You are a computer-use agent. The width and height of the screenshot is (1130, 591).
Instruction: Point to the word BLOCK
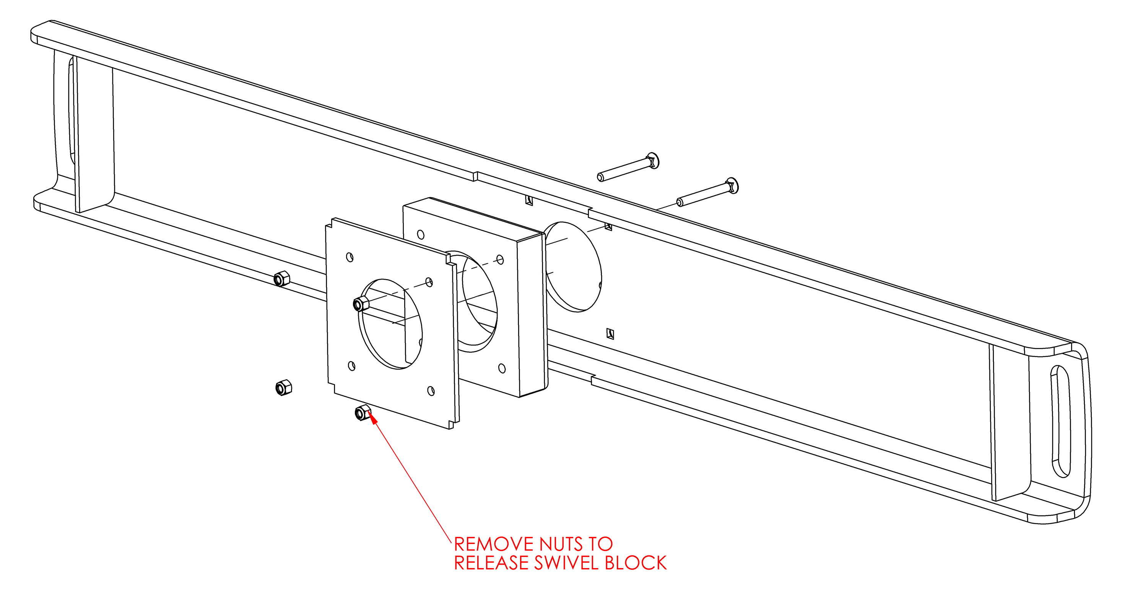(636, 563)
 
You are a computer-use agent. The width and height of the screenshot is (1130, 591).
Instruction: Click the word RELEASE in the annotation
(491, 563)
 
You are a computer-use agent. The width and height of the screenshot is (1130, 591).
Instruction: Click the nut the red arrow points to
(363, 412)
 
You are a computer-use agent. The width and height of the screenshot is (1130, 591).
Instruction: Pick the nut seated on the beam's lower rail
(281, 278)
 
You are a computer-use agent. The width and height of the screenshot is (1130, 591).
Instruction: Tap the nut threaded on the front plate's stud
(361, 304)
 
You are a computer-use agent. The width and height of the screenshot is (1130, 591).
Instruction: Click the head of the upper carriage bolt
(654, 161)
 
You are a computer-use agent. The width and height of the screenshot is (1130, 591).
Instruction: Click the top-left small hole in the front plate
(350, 257)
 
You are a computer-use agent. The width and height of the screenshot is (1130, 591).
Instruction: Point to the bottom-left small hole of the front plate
(351, 366)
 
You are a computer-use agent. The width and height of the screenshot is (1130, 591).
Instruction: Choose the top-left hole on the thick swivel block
(421, 235)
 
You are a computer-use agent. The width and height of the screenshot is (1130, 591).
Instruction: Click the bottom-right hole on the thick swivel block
(502, 368)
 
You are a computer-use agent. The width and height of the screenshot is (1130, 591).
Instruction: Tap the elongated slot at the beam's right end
(1061, 421)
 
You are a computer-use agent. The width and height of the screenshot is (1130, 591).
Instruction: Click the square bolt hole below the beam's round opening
(610, 334)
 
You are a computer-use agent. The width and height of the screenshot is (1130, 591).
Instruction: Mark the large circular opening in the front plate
(390, 323)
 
